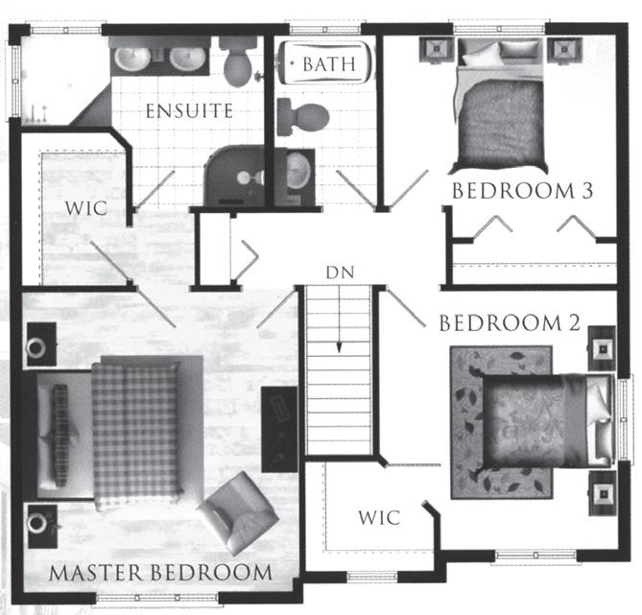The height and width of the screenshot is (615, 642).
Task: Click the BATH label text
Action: (329, 64)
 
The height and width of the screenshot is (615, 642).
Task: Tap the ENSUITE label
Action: (189, 111)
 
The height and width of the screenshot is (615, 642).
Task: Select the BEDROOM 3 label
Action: (523, 191)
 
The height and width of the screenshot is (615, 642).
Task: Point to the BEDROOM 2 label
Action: (510, 323)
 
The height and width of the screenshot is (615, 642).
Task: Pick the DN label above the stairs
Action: (340, 272)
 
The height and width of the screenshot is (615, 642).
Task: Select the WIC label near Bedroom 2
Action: (379, 517)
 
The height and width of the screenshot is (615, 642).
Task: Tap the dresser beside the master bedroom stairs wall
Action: (278, 428)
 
